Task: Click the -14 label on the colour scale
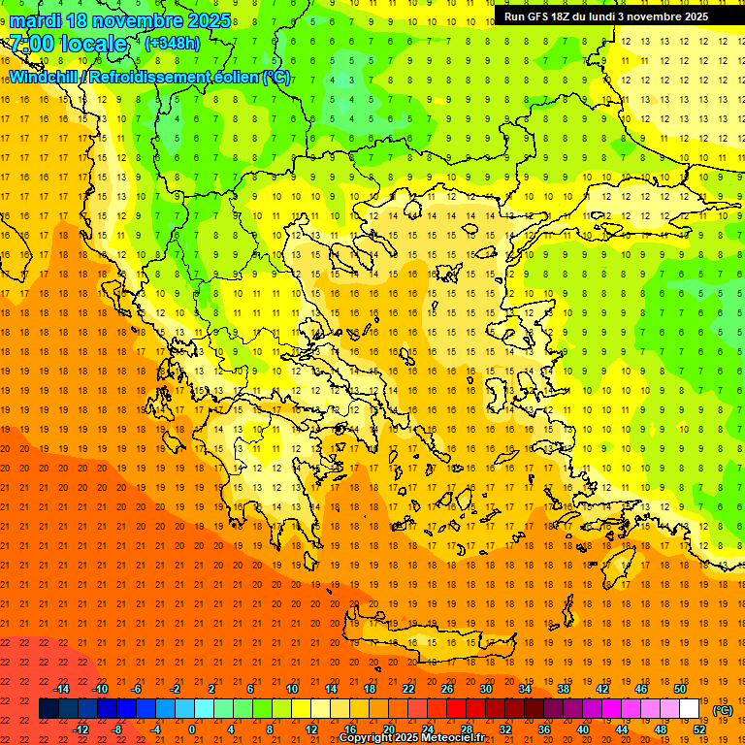[x=61, y=689]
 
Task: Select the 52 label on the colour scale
[x=699, y=729]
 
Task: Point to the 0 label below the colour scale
[x=192, y=729]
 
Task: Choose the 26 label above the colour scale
[x=447, y=689]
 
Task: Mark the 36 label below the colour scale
[x=544, y=729]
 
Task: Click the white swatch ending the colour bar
[x=690, y=709]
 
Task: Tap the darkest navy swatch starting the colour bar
[x=49, y=709]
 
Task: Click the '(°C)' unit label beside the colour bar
[x=723, y=710]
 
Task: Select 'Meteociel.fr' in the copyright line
[x=451, y=738]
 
